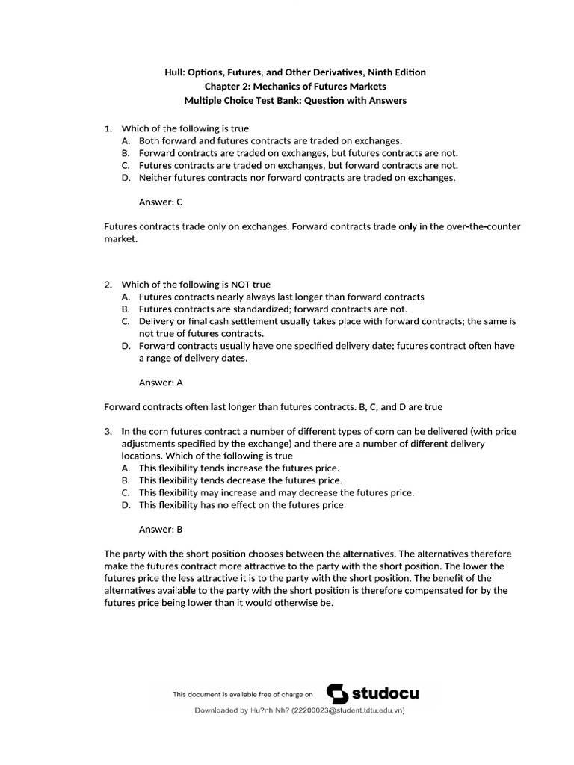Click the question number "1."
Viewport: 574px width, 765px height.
[108, 128]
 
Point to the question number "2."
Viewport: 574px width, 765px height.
[108, 284]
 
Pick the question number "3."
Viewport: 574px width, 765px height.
[108, 432]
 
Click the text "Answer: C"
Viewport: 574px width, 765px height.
[161, 202]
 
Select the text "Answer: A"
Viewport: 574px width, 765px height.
[161, 382]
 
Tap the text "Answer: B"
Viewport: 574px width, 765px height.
[161, 529]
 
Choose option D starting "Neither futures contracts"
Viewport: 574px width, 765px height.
[297, 178]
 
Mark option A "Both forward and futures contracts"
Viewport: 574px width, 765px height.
[270, 140]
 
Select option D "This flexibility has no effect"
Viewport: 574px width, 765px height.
[241, 505]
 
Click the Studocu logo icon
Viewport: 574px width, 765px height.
[339, 694]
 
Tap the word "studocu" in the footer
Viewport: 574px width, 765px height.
[386, 694]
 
